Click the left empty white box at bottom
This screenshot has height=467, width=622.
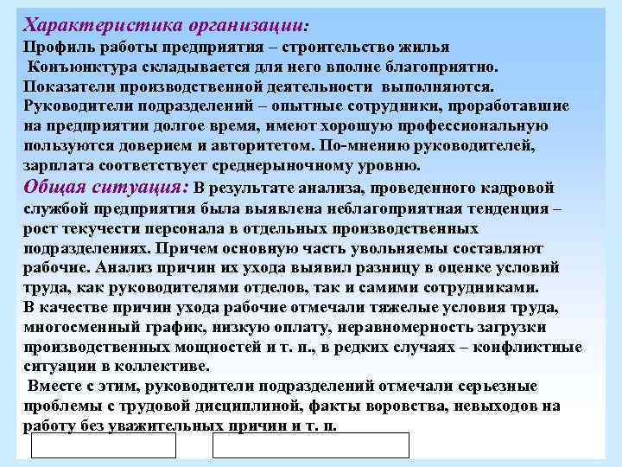(x=104, y=445)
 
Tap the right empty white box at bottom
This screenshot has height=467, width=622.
(x=311, y=445)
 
